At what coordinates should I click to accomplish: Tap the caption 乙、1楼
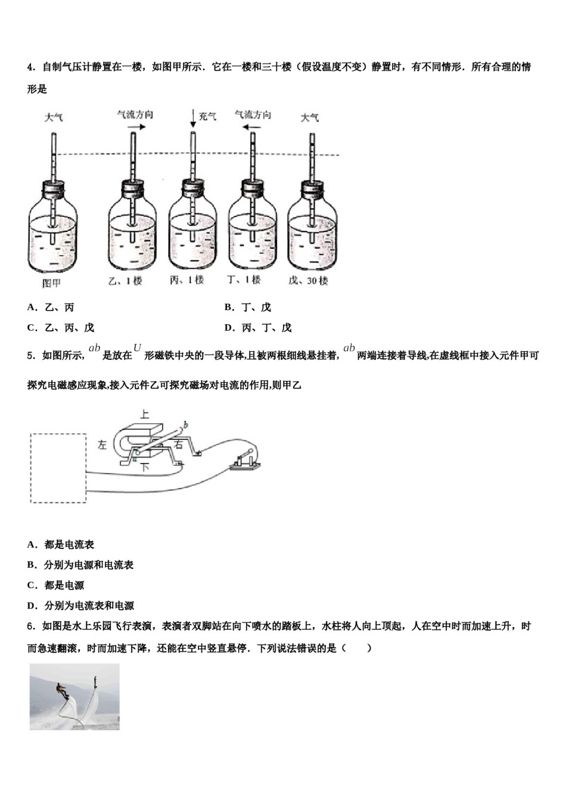tap(125, 280)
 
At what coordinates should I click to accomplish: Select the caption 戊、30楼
tap(308, 280)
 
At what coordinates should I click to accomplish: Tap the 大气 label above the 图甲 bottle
tap(54, 117)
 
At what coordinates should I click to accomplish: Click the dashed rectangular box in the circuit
tap(58, 468)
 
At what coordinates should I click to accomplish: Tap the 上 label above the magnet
tap(144, 414)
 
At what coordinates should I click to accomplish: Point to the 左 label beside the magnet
tap(102, 445)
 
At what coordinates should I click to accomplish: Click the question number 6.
tap(30, 627)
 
